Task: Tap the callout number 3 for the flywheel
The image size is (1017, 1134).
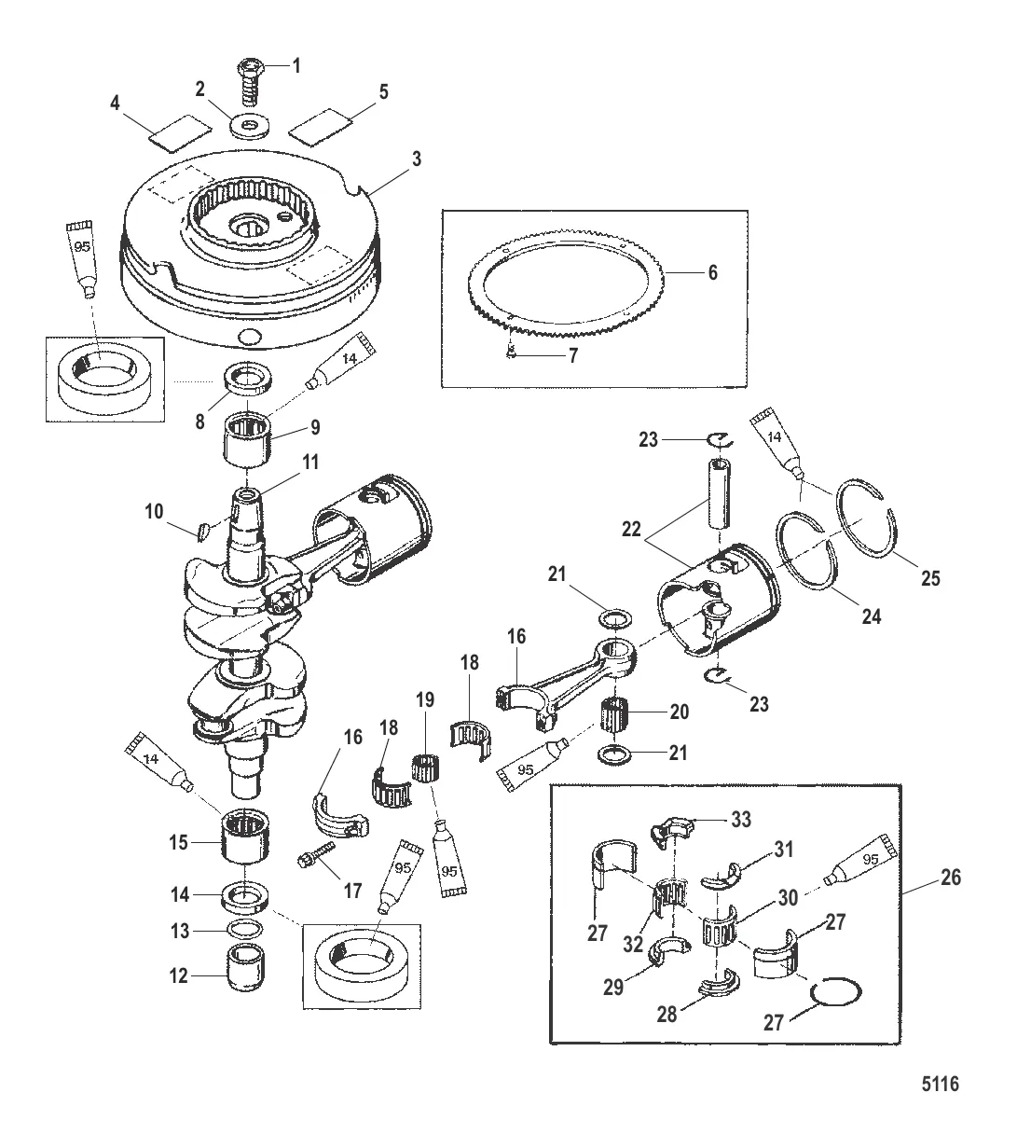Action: (417, 159)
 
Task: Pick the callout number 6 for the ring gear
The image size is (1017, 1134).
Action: (714, 273)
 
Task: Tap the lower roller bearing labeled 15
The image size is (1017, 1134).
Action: (247, 836)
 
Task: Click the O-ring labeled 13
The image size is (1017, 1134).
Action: (244, 930)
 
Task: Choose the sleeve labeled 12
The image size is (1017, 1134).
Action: (244, 975)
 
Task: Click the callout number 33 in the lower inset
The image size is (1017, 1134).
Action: (743, 819)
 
